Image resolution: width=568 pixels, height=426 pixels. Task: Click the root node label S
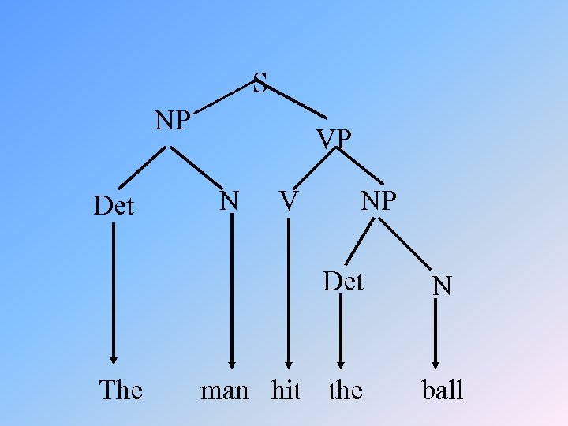click(260, 82)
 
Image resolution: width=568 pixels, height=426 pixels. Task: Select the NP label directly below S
click(173, 121)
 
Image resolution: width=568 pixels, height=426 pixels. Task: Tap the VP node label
click(334, 139)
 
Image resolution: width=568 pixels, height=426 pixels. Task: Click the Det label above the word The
click(114, 206)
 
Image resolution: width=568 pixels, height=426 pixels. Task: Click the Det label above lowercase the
click(343, 281)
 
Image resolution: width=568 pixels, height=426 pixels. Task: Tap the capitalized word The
click(121, 390)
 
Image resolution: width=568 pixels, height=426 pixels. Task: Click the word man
click(225, 390)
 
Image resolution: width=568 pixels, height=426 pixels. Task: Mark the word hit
click(286, 390)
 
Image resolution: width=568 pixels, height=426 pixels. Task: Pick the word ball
click(443, 390)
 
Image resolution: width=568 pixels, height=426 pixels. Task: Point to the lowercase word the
click(345, 390)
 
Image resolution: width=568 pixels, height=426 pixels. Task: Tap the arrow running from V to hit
click(289, 292)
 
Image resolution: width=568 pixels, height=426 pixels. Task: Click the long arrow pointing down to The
click(114, 292)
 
